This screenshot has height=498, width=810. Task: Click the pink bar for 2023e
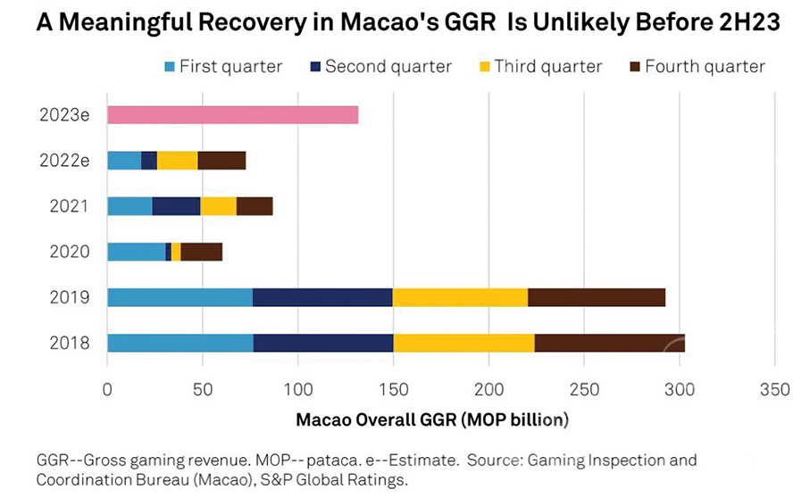(232, 115)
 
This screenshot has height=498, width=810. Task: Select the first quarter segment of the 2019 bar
(180, 297)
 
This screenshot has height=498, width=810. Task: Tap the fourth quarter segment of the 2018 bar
(609, 343)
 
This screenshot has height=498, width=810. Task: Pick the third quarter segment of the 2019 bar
(460, 297)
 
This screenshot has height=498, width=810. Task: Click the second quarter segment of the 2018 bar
(323, 343)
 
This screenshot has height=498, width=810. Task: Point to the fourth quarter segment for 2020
(201, 252)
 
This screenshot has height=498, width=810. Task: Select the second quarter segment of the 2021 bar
(176, 206)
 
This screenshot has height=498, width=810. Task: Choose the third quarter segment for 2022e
(177, 161)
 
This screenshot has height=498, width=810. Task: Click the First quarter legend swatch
(169, 67)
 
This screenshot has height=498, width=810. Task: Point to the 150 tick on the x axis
(393, 390)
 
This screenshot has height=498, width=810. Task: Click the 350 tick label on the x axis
(774, 390)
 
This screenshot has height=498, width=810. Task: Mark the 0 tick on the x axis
(107, 390)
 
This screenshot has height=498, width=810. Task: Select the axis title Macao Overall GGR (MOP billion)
(432, 418)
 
